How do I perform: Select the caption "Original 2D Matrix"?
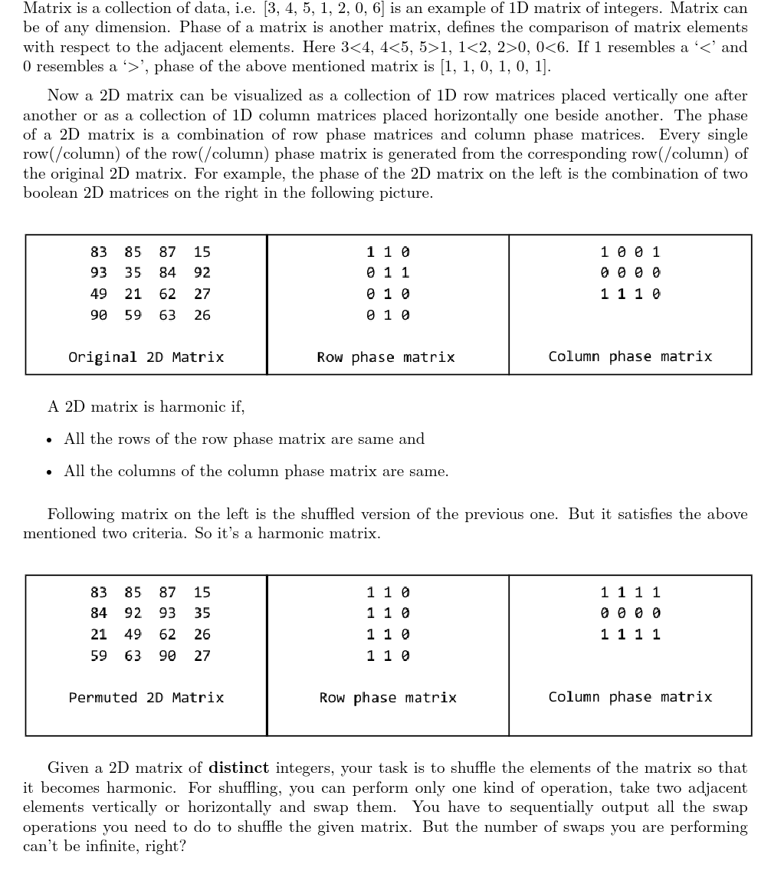146,357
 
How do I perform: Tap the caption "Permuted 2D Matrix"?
146,698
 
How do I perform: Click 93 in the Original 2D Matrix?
99,272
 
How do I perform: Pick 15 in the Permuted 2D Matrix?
202,592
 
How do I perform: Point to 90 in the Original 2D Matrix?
99,315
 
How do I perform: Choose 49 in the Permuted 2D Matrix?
133,635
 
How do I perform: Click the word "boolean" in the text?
48,193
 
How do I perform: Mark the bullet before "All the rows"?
50,440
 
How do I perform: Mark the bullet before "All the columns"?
50,472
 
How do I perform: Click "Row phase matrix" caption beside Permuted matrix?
388,698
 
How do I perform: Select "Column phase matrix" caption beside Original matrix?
630,357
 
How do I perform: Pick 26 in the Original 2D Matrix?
202,315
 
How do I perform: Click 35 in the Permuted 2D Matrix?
202,613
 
